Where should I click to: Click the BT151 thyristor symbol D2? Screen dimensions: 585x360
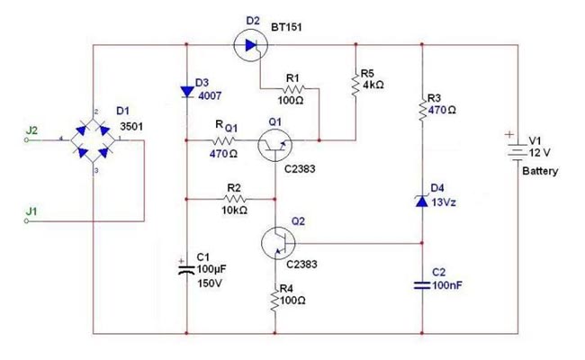click(x=251, y=45)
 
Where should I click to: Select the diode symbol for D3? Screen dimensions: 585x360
click(x=187, y=92)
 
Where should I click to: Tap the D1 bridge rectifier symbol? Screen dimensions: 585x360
click(x=93, y=140)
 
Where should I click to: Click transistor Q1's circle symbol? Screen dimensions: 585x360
click(x=274, y=145)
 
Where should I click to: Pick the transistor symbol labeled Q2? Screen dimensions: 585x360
click(x=278, y=243)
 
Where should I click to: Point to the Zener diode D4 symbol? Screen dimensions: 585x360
click(x=421, y=201)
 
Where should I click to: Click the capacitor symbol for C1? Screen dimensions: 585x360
click(x=186, y=270)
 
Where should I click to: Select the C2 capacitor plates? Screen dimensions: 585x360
click(x=422, y=285)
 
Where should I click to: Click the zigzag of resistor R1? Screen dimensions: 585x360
click(x=294, y=89)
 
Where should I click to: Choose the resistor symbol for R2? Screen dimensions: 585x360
click(x=235, y=199)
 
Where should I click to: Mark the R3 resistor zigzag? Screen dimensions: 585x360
click(x=422, y=109)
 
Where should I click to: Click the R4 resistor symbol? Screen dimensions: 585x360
click(x=275, y=299)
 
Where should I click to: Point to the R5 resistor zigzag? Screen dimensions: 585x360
click(x=355, y=85)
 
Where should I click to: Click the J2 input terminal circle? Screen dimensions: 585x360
click(x=26, y=140)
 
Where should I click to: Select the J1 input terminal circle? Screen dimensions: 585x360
click(x=26, y=220)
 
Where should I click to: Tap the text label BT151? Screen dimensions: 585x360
click(x=286, y=27)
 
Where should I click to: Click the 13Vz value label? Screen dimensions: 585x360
click(x=444, y=202)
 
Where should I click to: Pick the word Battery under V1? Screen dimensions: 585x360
click(x=540, y=171)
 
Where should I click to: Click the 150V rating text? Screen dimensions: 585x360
click(x=210, y=283)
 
